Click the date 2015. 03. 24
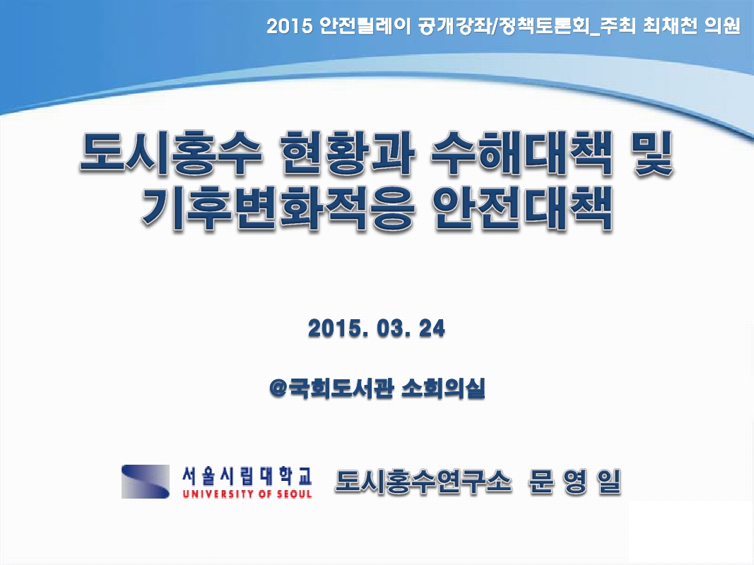377,329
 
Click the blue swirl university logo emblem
146,482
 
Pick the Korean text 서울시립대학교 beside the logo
247,474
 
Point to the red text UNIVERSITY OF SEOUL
247,494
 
